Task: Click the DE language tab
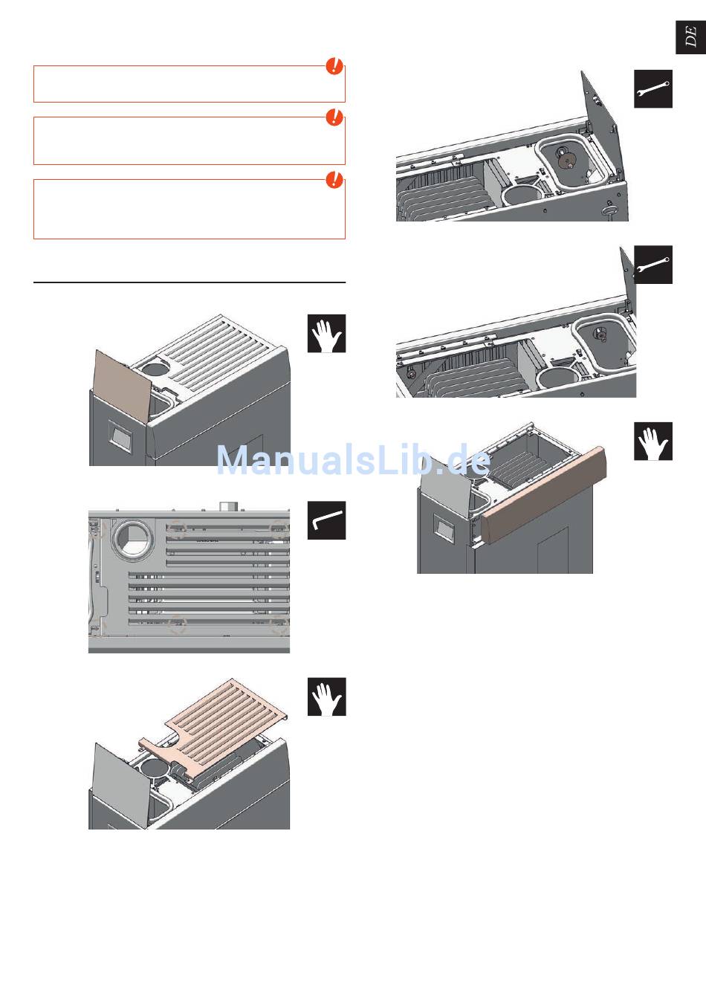690,37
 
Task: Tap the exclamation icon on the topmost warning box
334,66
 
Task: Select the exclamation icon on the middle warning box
334,117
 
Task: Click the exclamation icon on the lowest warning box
334,180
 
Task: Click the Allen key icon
326,520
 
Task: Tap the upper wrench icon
653,88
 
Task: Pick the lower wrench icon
653,265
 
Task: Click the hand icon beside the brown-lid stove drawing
326,334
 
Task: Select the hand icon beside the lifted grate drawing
326,696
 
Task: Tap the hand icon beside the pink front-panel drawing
653,441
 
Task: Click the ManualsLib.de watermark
353,460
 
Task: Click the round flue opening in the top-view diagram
132,539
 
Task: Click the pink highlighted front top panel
544,488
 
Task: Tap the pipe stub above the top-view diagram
228,506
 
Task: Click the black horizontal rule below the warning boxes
190,282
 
